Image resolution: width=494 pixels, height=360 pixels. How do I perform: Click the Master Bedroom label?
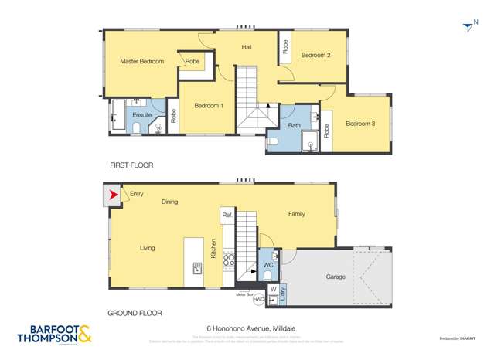click(x=141, y=61)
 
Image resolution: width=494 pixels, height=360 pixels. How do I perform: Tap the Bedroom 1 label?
click(x=209, y=106)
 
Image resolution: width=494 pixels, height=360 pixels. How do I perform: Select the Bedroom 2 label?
click(x=315, y=55)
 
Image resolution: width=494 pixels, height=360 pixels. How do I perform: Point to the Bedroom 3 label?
click(x=360, y=124)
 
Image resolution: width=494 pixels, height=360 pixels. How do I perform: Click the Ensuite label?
click(x=142, y=115)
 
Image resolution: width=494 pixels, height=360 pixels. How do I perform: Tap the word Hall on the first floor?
click(x=247, y=48)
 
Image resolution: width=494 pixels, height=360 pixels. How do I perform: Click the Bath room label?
click(x=295, y=125)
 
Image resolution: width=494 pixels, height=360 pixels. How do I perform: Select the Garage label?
click(x=335, y=277)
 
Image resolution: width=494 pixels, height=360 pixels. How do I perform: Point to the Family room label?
click(x=297, y=214)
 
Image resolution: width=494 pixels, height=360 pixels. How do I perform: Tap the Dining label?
click(x=170, y=202)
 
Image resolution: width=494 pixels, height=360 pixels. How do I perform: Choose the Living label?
click(x=148, y=248)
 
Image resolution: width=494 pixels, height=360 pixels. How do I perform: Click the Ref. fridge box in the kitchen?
click(x=227, y=215)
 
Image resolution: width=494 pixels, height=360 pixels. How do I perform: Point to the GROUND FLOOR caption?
click(x=136, y=313)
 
